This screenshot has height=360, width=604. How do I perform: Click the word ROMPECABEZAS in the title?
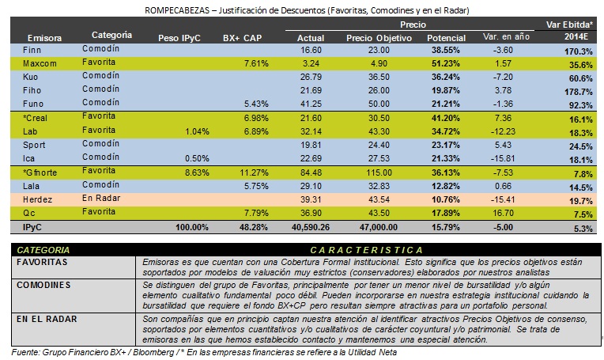click(x=177, y=10)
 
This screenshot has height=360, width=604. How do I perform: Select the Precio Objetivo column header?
click(x=379, y=38)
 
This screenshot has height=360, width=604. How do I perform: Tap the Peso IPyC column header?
click(x=179, y=38)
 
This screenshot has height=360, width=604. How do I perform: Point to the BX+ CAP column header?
click(x=242, y=38)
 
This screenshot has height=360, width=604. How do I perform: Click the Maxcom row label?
click(x=40, y=63)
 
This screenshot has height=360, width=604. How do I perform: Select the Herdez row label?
click(x=37, y=199)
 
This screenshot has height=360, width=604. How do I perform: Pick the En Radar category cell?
click(x=101, y=198)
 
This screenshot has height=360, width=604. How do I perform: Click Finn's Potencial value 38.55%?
click(x=446, y=50)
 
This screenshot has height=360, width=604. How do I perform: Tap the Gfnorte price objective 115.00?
click(x=379, y=172)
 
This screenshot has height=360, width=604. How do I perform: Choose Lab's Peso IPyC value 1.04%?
click(x=197, y=132)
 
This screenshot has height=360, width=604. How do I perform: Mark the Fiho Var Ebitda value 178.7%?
click(x=579, y=92)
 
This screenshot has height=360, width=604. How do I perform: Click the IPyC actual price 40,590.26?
click(x=311, y=227)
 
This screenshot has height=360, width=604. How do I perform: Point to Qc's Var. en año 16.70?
click(x=504, y=213)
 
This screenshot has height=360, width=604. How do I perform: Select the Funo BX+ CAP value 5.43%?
click(x=256, y=104)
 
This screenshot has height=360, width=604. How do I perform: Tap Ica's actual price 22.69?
click(x=311, y=158)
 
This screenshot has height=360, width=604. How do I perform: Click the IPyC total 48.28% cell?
click(x=254, y=227)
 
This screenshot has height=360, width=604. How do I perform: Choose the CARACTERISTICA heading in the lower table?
click(x=367, y=250)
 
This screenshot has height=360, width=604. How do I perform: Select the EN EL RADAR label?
click(x=47, y=319)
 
